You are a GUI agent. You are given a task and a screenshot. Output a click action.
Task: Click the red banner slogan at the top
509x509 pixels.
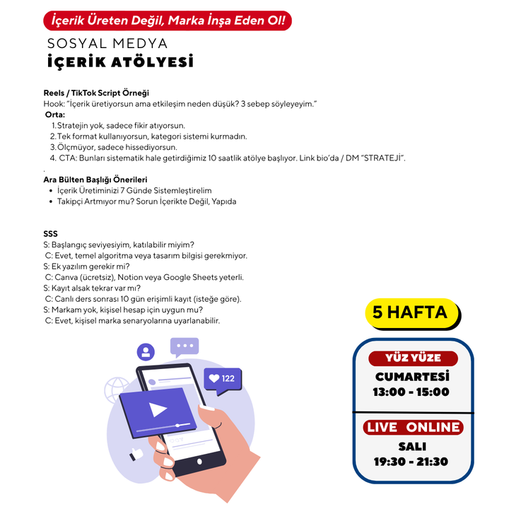point(168,21)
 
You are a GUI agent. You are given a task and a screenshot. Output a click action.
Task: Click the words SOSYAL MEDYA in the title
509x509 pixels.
point(107,44)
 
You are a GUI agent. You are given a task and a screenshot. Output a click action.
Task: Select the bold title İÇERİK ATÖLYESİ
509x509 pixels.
point(120,62)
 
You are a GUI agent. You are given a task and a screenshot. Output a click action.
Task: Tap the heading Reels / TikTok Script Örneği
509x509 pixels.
point(96,93)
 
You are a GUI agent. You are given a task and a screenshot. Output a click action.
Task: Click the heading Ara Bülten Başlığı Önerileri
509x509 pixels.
point(95,180)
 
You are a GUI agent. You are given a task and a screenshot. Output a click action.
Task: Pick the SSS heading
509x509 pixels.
point(50,234)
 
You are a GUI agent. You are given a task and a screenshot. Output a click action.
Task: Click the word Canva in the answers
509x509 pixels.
point(66,277)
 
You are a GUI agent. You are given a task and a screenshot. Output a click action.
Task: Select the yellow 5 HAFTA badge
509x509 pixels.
point(413,314)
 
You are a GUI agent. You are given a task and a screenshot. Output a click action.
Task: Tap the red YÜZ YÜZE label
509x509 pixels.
point(413,358)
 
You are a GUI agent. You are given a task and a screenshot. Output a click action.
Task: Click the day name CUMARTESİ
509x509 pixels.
point(412,377)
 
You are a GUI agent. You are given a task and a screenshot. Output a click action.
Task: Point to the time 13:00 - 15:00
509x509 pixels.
point(411,392)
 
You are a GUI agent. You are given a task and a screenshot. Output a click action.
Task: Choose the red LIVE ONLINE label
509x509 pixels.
point(413,427)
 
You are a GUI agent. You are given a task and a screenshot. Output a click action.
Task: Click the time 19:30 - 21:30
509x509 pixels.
point(411,462)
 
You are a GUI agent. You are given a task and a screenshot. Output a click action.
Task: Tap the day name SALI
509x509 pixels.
point(412,447)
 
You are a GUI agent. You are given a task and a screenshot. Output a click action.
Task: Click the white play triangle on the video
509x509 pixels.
point(158,409)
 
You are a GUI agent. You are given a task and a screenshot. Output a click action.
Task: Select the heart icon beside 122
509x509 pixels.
point(214,378)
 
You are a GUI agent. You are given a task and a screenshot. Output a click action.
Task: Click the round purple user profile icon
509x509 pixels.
point(146,352)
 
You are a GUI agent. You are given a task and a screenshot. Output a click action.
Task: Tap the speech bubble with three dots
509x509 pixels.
point(185,346)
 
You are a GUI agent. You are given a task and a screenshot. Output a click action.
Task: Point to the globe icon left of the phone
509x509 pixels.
point(116,390)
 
